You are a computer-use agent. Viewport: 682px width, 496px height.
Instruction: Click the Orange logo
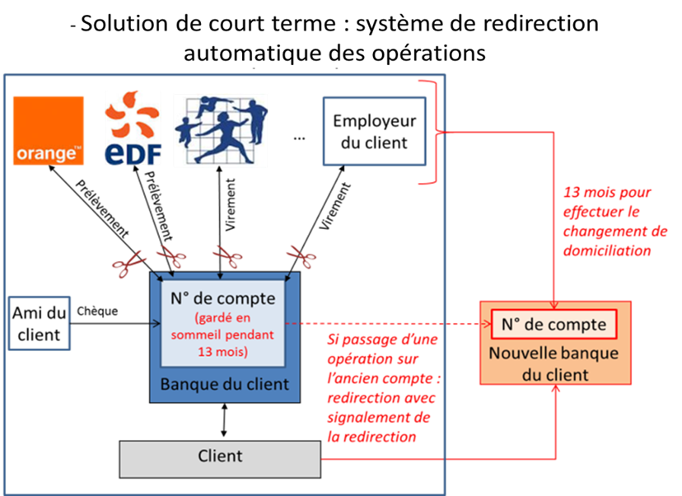tap(49, 130)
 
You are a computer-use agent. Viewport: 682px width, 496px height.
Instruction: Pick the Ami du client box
tap(39, 323)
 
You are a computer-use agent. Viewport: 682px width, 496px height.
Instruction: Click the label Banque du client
tap(225, 385)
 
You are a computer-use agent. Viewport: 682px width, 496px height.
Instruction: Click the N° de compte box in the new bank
tap(554, 325)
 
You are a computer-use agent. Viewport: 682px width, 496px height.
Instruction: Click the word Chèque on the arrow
tap(98, 312)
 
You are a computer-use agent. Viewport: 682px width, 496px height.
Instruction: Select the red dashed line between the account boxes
tap(387, 324)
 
